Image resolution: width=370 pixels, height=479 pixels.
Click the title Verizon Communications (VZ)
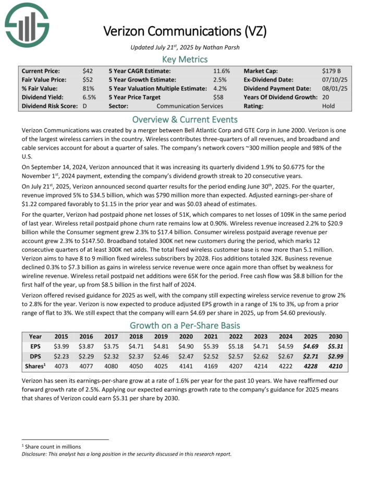tap(185, 31)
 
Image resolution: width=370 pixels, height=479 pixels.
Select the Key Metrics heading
tap(185, 59)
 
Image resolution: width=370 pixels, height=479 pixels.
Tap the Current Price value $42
tap(88, 70)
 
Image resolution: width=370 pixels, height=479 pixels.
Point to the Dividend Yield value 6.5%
tap(89, 97)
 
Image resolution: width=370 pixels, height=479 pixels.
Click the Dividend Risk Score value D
tap(84, 106)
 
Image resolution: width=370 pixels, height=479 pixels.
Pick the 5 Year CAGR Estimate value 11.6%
tap(221, 70)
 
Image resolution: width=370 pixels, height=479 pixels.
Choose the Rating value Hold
tap(329, 106)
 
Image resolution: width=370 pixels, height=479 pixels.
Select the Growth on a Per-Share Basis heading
tap(185, 325)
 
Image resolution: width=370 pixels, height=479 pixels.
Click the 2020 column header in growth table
tap(186, 337)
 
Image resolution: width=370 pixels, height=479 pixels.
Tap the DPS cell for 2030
tap(336, 354)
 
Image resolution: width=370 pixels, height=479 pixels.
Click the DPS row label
tap(35, 354)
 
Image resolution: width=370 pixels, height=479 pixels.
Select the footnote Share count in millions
tap(53, 447)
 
